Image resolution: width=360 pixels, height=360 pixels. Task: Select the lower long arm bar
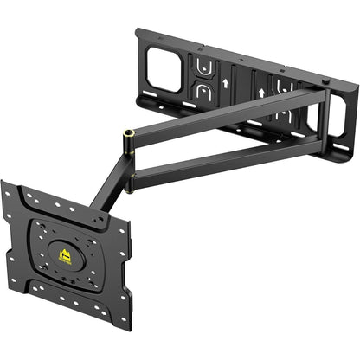point(225,159)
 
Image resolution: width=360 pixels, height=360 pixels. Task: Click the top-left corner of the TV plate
point(4,183)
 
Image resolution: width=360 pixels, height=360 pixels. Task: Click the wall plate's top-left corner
point(138,32)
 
